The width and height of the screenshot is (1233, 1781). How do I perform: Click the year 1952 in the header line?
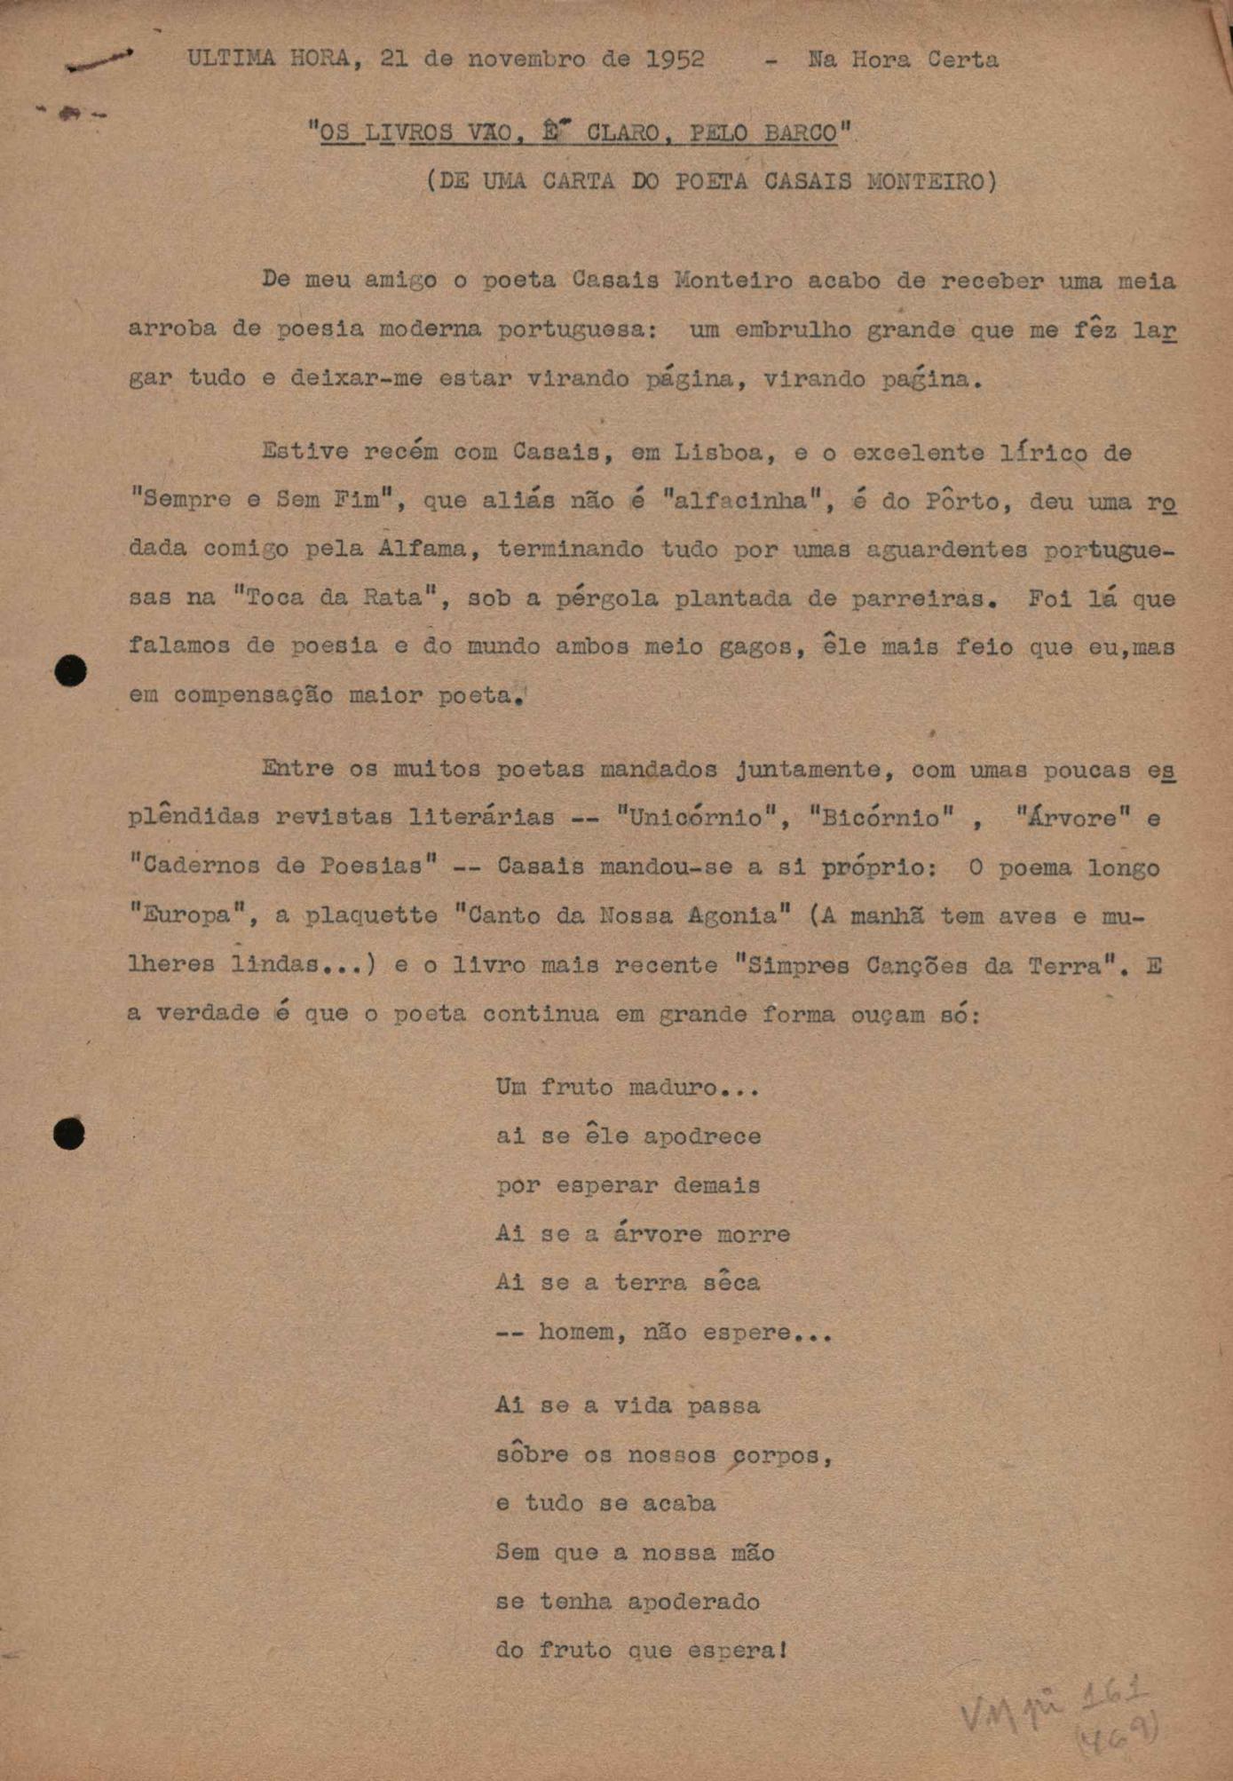click(675, 59)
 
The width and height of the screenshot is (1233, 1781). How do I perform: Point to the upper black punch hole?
click(71, 670)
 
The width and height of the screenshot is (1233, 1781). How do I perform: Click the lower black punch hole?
click(69, 1134)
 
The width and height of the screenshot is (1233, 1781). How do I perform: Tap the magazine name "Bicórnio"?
click(881, 818)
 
